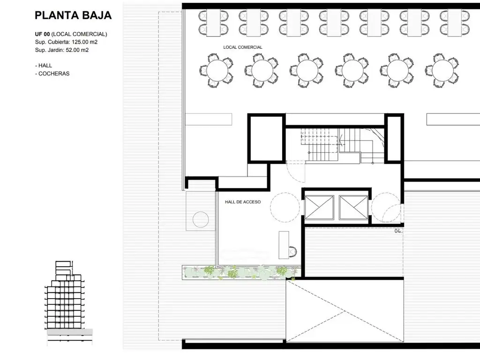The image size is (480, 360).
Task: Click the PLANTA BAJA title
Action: coord(73,15)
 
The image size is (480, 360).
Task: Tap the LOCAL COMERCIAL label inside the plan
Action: coord(243,47)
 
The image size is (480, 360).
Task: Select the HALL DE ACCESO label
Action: coord(243,202)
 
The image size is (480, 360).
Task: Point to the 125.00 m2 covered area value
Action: coord(85,42)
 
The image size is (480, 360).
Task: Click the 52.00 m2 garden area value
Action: coord(77,50)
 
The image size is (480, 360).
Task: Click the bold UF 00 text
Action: coord(42,34)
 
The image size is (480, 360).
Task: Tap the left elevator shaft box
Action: coord(319,208)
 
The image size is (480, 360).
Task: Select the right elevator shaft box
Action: coord(353,208)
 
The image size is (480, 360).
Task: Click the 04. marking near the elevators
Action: coord(398,231)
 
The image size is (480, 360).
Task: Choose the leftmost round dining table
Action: coord(217,70)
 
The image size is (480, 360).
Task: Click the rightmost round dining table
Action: coord(443,70)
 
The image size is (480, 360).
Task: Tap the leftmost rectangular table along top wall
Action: coord(214,23)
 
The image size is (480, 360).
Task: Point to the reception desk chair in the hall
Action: coord(293,252)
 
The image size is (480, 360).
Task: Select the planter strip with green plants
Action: coord(241,272)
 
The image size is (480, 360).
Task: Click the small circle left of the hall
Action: coord(201,219)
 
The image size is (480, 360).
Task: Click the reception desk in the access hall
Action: coord(284,245)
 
